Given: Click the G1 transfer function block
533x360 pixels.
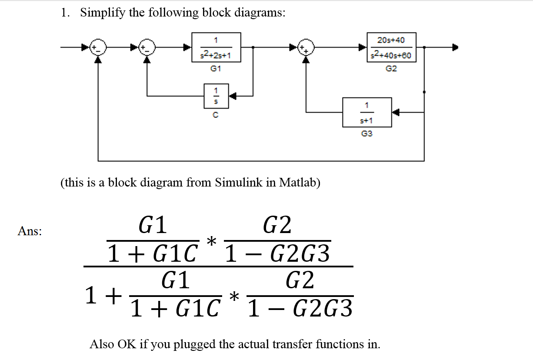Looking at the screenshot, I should (216, 47).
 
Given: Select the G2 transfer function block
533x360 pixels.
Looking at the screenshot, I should (391, 47).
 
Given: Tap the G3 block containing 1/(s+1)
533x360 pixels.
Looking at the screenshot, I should (367, 112).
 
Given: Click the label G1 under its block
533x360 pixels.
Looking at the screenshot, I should (216, 69).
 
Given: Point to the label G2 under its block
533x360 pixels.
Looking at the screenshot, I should (391, 69).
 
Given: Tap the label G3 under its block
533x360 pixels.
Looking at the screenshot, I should (367, 134).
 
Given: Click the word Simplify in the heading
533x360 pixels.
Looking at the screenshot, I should (103, 13).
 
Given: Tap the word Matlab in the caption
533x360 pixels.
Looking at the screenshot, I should (299, 182).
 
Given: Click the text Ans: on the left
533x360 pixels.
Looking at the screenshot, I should (30, 231).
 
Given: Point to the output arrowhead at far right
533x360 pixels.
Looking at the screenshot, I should (455, 47).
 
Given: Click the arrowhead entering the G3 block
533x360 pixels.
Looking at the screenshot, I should (395, 112).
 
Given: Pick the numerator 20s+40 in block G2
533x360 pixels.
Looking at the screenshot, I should (391, 40).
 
